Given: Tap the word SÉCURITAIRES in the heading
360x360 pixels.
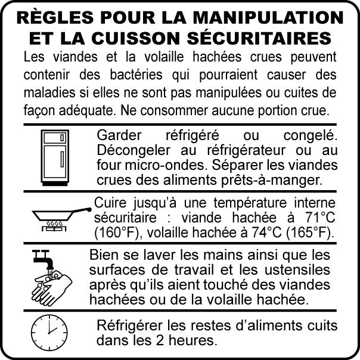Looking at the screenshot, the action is coord(259,38).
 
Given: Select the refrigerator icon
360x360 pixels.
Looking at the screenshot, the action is coord(55,158).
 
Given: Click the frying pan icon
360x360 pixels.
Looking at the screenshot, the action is coord(61,219).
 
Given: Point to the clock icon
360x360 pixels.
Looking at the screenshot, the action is coord(49,333).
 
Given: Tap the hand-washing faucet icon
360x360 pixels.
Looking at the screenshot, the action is coord(52,278).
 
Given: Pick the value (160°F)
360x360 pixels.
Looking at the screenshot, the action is coord(116,233).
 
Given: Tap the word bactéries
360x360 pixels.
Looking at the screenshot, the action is coord(136,75).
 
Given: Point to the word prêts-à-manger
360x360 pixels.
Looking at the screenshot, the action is coord(270,181).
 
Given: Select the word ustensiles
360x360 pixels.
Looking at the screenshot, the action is coord(297,270).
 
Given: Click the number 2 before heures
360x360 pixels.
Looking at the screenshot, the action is coord(160,340).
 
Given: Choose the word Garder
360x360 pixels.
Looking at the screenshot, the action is coord(119,135).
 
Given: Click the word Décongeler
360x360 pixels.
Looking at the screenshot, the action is coord(134,151).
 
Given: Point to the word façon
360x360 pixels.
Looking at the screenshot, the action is coord(39,110).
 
